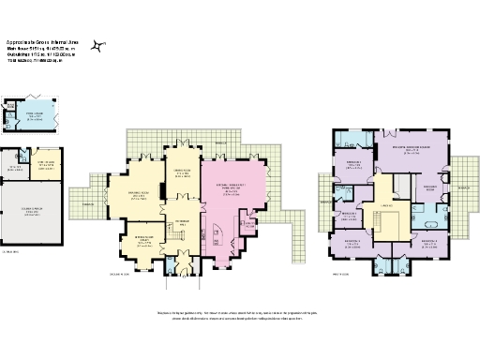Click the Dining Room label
point(182,172)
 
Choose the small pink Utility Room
point(249,223)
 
